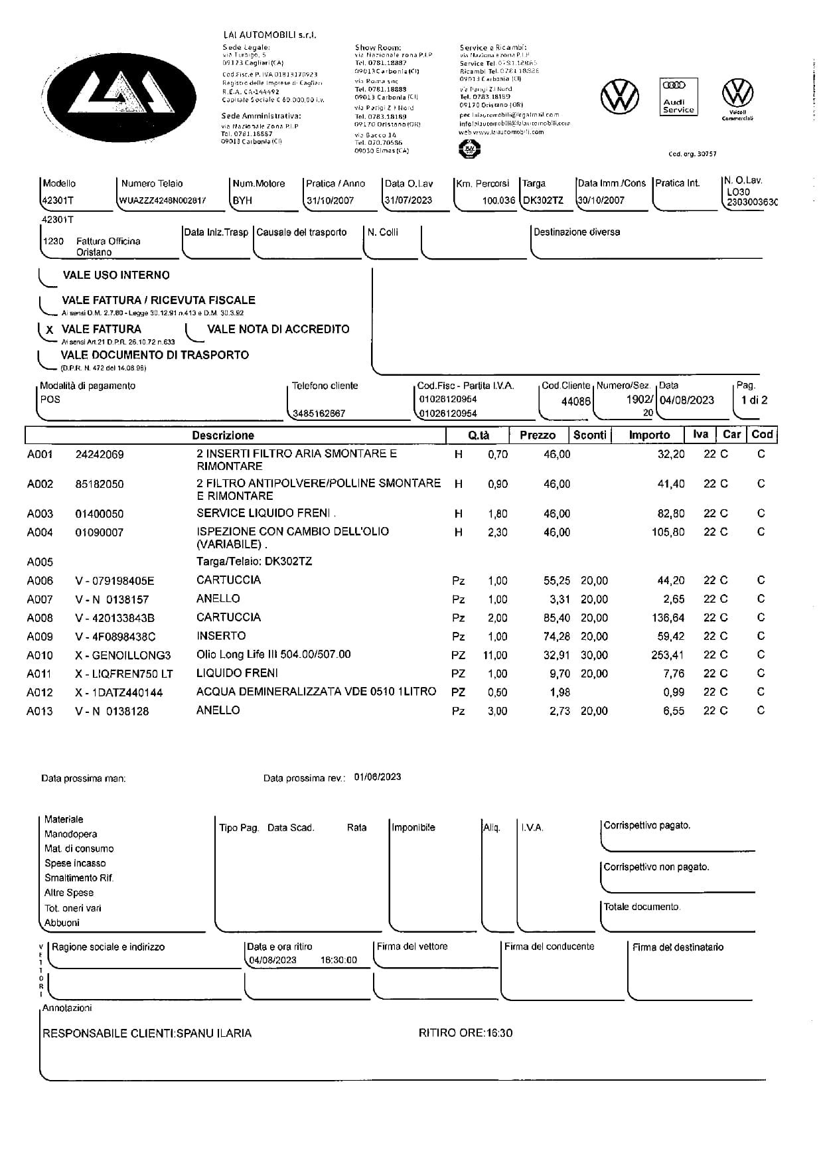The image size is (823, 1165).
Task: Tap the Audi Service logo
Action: [x=678, y=97]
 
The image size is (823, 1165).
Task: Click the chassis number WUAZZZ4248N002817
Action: [x=163, y=200]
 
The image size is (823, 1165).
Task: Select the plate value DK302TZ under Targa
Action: [x=543, y=200]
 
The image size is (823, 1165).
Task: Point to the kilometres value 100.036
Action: [x=498, y=200]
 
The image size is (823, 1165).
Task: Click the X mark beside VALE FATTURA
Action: [x=50, y=330]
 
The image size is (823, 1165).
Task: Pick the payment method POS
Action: [x=50, y=400]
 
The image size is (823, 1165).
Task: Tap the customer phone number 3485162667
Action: [x=319, y=414]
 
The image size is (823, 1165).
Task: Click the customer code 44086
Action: [x=575, y=402]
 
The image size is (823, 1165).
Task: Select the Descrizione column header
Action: [x=223, y=435]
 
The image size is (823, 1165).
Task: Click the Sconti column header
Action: [x=589, y=435]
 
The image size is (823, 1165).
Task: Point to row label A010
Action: [x=40, y=656]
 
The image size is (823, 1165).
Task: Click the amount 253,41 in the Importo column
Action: [x=668, y=656]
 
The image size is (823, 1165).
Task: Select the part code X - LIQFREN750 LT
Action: [x=124, y=674]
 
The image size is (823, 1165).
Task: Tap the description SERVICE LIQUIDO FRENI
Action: [x=263, y=513]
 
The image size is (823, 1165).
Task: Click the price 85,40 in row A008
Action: [x=556, y=618]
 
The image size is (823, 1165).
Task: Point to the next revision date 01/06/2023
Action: [x=378, y=777]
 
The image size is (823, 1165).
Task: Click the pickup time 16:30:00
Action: [x=338, y=960]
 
